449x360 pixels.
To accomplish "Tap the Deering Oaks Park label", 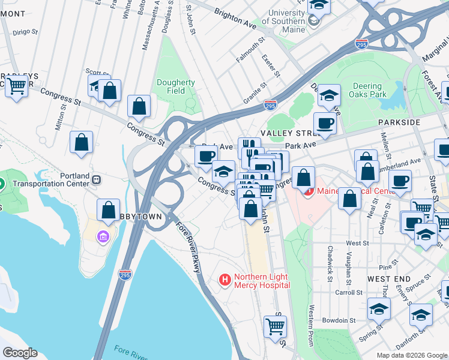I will pos(376,90).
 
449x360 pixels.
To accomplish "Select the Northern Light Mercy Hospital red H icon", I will pos(225,280).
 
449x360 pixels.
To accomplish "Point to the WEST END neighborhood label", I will pos(389,279).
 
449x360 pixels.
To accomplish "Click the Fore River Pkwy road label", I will pos(188,247).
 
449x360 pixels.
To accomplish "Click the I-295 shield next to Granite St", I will pos(271,105).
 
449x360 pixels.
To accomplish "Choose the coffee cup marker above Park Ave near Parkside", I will pos(325,123).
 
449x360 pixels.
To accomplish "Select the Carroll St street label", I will pos(364,292).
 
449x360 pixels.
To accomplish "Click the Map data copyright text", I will pos(411,355).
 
